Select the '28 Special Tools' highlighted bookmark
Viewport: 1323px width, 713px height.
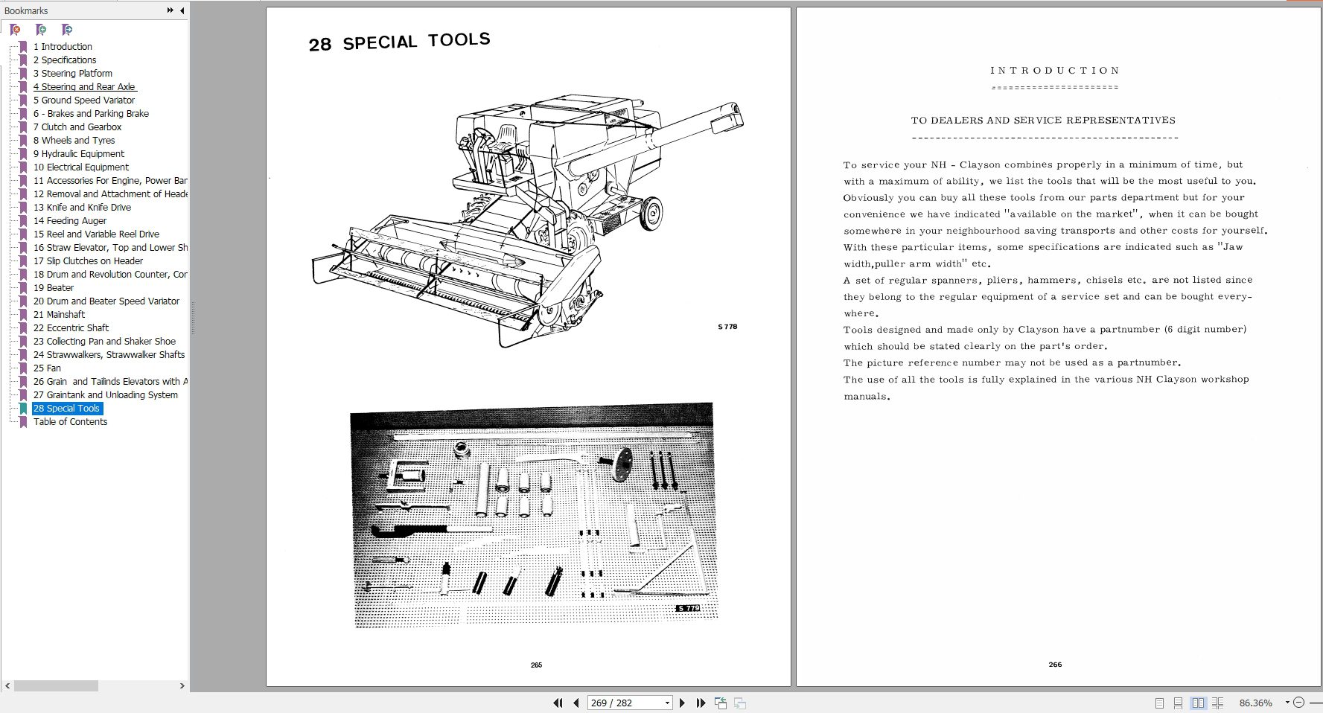pos(66,408)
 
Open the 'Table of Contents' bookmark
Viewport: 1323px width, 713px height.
pos(70,421)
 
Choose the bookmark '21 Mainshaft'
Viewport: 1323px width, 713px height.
pos(59,314)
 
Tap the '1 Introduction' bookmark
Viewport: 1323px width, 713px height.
pos(63,46)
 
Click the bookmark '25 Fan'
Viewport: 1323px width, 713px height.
pos(47,368)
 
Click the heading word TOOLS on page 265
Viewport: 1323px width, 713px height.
pos(459,39)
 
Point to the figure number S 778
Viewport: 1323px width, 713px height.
pos(727,327)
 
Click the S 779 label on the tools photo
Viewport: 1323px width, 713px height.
pos(688,608)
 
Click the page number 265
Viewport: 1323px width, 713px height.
pos(536,665)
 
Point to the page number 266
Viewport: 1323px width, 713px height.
pos(1055,665)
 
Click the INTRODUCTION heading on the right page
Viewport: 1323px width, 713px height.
pos(1055,71)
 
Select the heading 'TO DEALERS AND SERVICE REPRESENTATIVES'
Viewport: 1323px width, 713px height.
pos(1043,120)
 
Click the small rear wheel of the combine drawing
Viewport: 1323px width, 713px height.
pos(652,212)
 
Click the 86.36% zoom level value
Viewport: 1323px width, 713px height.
pos(1255,703)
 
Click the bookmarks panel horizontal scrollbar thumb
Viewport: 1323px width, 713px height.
pos(56,685)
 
